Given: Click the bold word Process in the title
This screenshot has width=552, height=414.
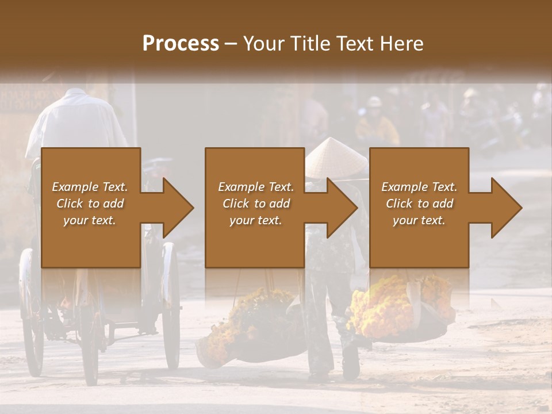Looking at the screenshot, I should tap(181, 44).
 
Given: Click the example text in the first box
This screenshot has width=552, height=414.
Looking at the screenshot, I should tap(90, 204).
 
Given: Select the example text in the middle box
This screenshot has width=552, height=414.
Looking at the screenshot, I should tap(255, 204).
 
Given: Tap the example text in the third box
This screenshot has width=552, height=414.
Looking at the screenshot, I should tap(419, 204).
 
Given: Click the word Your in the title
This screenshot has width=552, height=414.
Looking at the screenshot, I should tap(263, 44).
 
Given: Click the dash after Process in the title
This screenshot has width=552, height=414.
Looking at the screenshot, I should tap(231, 44).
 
